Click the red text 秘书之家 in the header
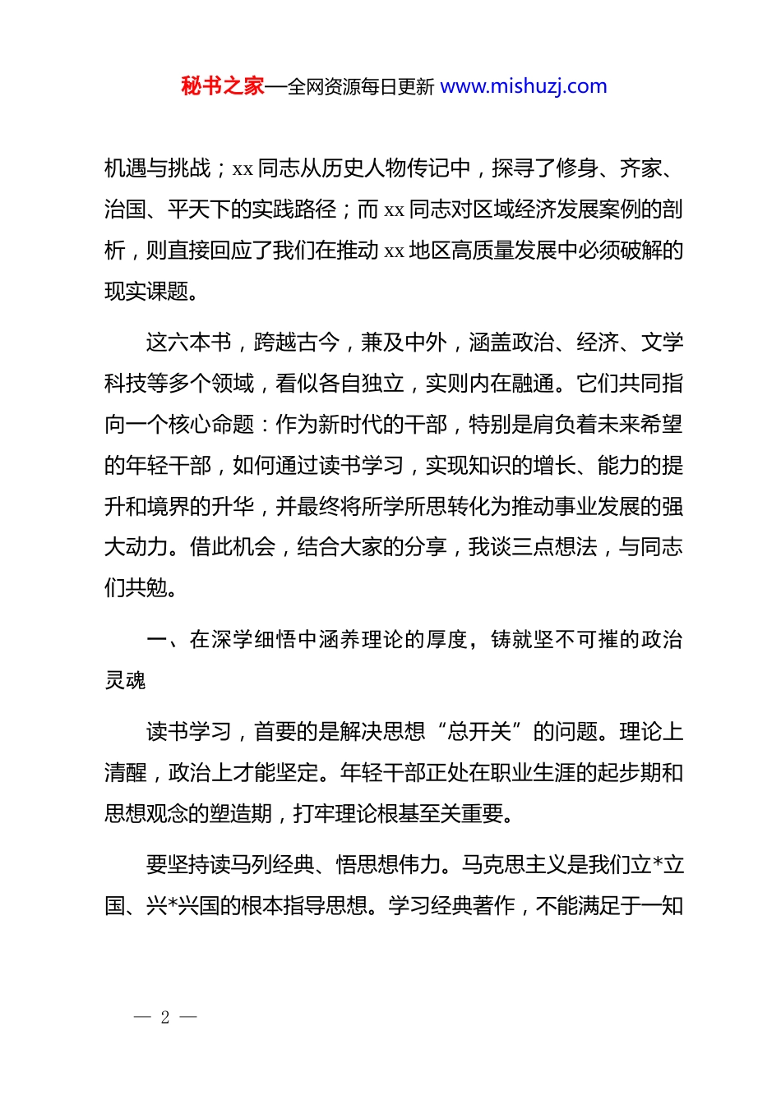pyautogui.click(x=223, y=86)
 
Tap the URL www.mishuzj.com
pyautogui.click(x=524, y=86)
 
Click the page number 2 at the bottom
pyautogui.click(x=165, y=1017)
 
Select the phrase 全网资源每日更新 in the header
pyautogui.click(x=361, y=86)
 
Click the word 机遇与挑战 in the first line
pyautogui.click(x=158, y=168)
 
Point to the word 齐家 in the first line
pyautogui.click(x=640, y=168)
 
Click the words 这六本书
pyautogui.click(x=189, y=343)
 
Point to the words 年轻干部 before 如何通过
pyautogui.click(x=169, y=466)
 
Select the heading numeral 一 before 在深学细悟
pyautogui.click(x=156, y=640)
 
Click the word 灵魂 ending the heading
pyautogui.click(x=125, y=680)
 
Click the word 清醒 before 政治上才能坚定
pyautogui.click(x=125, y=773)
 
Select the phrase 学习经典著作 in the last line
pyautogui.click(x=451, y=906)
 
